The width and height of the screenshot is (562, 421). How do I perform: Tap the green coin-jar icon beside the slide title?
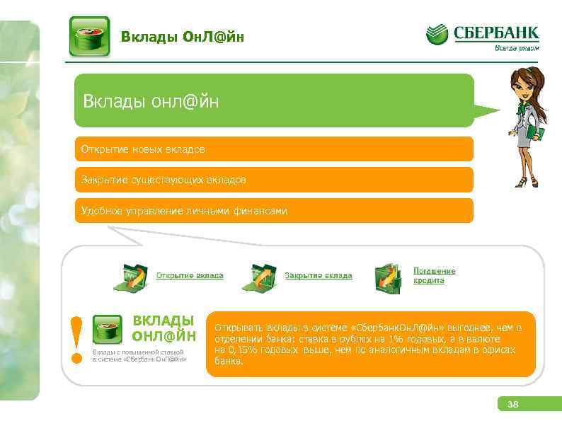tap(89, 36)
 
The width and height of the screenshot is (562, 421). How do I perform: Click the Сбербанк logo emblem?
tap(437, 35)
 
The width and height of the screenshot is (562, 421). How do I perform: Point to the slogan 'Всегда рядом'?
tap(516, 48)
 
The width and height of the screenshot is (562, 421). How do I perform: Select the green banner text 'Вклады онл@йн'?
tap(151, 102)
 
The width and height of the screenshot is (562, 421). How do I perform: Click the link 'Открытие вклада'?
tap(190, 275)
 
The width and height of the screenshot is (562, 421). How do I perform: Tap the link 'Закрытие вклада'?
tap(319, 275)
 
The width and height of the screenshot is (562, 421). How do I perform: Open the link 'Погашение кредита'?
tap(434, 275)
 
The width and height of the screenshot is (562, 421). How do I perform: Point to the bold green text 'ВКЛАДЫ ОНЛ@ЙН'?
tap(164, 328)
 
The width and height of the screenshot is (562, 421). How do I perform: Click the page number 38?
tap(513, 405)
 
